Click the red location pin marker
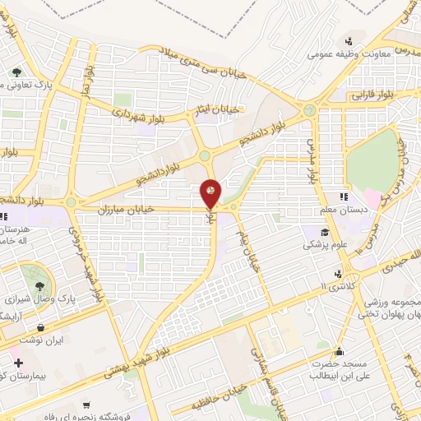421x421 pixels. (210, 193)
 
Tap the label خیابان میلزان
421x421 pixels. (127, 210)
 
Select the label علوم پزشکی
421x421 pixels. (324, 245)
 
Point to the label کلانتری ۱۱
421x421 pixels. (335, 285)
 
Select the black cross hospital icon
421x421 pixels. (18, 363)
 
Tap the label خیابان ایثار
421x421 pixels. (222, 109)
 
